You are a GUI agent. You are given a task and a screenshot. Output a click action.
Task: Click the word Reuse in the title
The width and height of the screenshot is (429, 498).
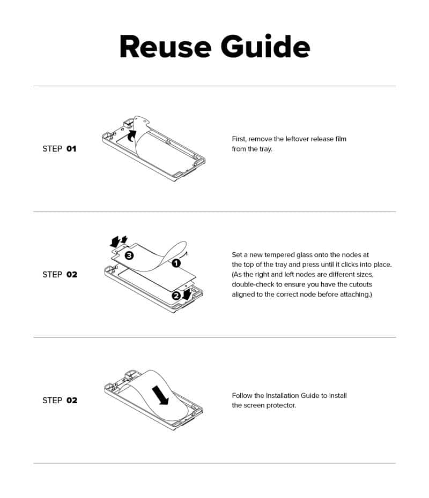[165, 47]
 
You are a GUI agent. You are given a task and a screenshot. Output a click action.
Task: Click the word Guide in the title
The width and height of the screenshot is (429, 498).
[265, 47]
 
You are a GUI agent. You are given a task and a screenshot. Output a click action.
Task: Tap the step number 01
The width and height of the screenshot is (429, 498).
[71, 149]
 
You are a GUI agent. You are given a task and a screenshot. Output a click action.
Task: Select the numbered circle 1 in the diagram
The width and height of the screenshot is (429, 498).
[176, 263]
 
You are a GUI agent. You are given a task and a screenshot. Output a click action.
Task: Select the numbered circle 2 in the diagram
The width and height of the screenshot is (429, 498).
[176, 296]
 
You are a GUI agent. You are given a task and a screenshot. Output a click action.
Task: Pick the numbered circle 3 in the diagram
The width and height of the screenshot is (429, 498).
[129, 255]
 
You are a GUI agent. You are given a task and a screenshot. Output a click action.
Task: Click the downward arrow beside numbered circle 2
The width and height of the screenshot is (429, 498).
[187, 293]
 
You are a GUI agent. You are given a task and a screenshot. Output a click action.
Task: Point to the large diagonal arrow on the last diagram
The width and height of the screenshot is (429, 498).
[160, 395]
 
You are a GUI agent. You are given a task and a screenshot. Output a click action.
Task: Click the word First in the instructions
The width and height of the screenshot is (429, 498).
[239, 139]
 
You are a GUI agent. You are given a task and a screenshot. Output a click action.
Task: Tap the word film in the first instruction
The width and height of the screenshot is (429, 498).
[340, 139]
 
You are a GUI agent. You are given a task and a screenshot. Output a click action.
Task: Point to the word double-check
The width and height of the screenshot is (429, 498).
[253, 284]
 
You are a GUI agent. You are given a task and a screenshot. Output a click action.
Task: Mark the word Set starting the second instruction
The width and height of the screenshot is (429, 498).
[237, 255]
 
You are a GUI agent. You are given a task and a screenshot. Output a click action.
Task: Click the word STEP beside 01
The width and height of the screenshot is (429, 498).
[52, 149]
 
